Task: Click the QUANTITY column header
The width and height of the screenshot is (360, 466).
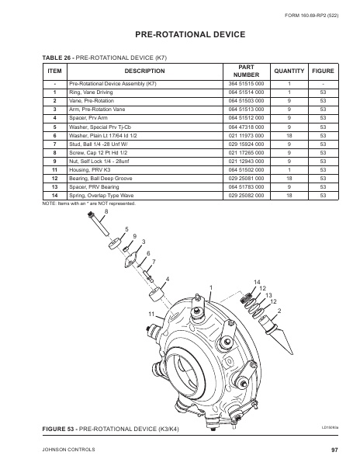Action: pos(288,71)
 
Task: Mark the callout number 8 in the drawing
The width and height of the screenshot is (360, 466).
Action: pos(106,211)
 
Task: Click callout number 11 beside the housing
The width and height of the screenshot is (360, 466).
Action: pos(152,312)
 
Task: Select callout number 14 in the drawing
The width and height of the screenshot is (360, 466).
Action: pos(258,280)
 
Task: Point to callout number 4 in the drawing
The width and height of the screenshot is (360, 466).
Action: pos(168,278)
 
